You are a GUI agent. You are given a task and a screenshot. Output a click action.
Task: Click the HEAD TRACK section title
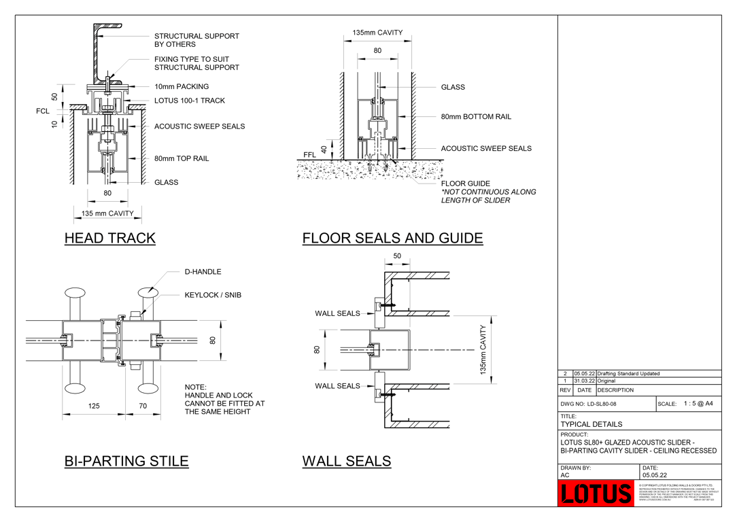pos(109,239)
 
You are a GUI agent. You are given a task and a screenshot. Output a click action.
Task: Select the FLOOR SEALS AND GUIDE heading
pos(392,239)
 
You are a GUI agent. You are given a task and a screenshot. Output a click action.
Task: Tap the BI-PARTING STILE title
pos(126,461)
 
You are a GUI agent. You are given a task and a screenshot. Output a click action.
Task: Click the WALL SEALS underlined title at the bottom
pos(346,461)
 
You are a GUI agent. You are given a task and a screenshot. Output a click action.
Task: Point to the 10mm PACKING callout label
pos(181,87)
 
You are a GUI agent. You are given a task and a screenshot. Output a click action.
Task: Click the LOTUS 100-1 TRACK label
pos(189,101)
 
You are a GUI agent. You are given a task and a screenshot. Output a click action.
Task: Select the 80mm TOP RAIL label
pos(182,159)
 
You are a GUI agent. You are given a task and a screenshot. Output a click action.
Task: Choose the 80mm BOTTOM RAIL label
pos(476,117)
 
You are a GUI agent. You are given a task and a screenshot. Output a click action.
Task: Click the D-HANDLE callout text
pos(203,272)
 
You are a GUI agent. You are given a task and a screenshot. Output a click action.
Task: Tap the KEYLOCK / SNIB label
pos(213,296)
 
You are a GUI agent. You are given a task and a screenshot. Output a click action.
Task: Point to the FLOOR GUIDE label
pos(465,184)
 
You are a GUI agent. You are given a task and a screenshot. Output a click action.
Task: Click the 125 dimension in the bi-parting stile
pos(94,406)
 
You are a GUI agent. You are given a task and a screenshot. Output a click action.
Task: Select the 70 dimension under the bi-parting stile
pos(143,406)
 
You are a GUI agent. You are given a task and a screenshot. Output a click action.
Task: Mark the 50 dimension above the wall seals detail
pos(397,256)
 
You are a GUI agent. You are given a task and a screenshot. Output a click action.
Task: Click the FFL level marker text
pos(310,155)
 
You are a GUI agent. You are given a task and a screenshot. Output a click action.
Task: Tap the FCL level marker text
pos(43,111)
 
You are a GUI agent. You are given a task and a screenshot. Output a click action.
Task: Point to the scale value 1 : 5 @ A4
pos(698,404)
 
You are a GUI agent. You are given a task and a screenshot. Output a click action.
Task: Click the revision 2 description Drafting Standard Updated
pos(628,373)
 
